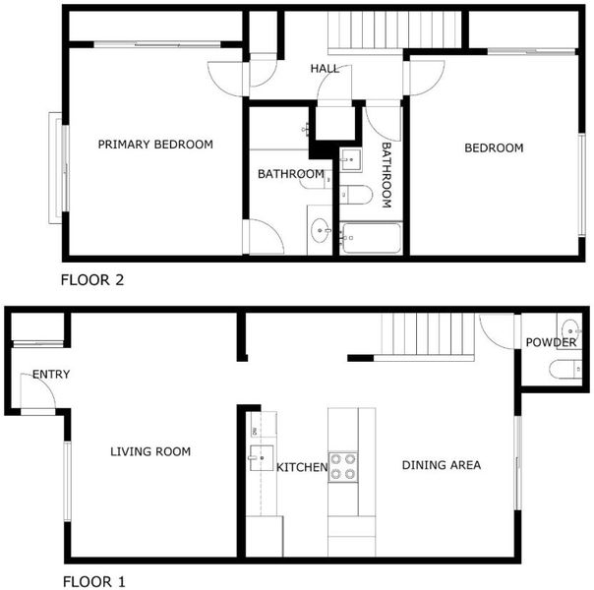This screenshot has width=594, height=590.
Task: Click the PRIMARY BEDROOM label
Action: pos(155,145)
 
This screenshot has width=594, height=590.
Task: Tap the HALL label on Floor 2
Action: pos(325,69)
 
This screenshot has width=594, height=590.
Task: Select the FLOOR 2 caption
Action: pos(92,280)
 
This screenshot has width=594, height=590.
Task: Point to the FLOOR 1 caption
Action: pos(93,582)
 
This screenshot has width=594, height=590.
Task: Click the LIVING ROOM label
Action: pos(150,451)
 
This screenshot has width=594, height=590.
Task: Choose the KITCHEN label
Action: pos(302,467)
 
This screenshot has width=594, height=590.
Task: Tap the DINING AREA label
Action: pos(442,465)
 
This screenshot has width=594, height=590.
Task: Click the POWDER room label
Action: pos(551,343)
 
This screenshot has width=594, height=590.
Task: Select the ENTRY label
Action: pos(51,375)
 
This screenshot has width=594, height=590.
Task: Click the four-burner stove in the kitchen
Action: pos(343,467)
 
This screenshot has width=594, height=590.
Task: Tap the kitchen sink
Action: pos(262,458)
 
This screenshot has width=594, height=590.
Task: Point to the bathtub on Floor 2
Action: pos(372,238)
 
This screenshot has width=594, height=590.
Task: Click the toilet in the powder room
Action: pos(565,369)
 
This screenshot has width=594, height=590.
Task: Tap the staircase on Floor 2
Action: pos(394,30)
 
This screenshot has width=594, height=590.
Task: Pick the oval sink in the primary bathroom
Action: pos(320,230)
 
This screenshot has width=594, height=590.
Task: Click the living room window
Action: pos(68,481)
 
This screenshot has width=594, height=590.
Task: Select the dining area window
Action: pos(518,463)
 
